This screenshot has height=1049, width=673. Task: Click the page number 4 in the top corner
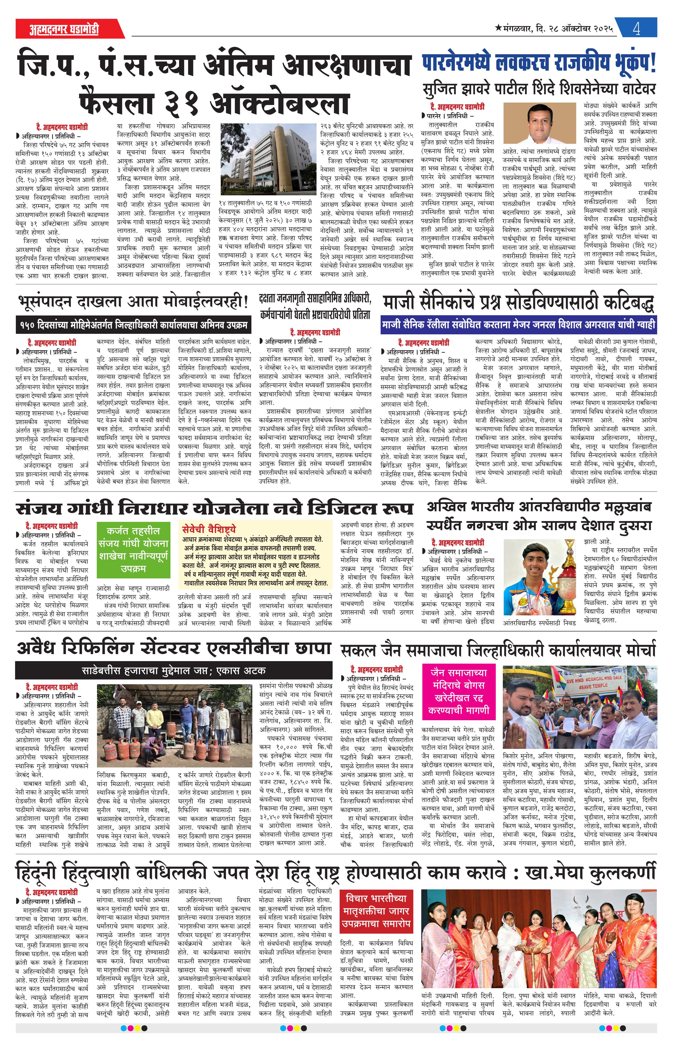coord(636,29)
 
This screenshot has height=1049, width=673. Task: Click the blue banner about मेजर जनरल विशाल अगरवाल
coord(518,325)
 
